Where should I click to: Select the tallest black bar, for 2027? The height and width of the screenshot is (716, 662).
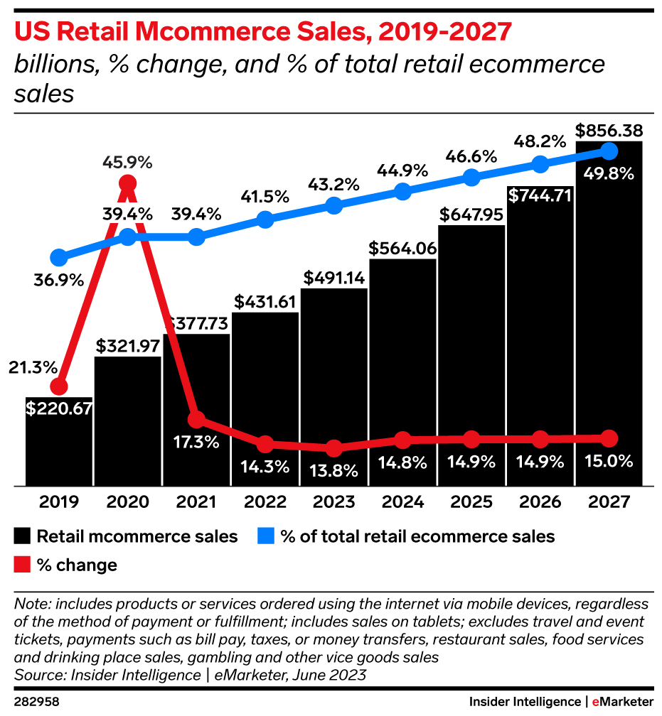coord(609,320)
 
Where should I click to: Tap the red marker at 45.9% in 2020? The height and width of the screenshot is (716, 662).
coord(127,184)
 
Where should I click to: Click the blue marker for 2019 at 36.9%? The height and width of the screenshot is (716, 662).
coord(59,257)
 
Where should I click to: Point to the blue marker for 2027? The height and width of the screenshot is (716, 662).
coord(609,151)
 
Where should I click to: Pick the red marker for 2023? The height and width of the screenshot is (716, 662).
coord(333,448)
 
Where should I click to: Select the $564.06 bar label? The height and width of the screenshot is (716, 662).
coord(402,249)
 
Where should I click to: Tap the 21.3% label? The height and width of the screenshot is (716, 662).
coord(33,368)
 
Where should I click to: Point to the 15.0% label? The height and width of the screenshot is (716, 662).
coord(609,462)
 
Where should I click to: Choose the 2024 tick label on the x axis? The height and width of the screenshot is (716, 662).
coord(402,501)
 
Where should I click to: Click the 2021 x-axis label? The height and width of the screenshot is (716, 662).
coord(196,501)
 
